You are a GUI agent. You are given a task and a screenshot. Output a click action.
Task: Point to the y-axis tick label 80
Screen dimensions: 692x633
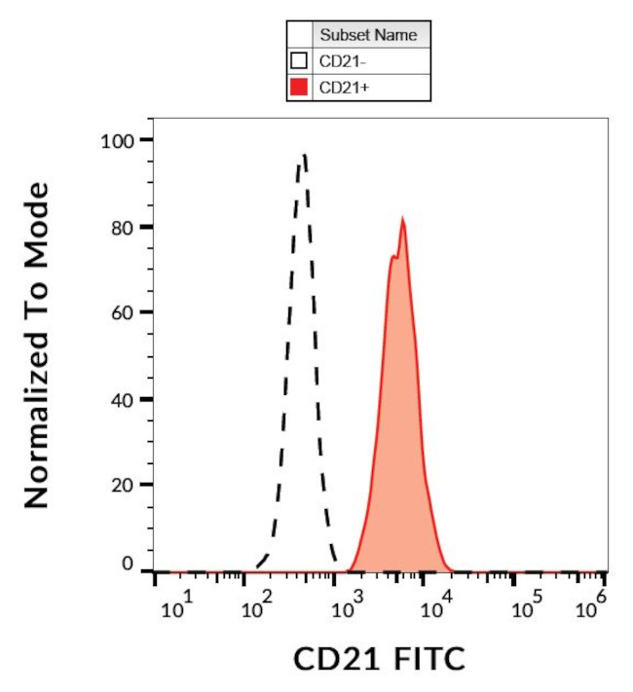[123, 227]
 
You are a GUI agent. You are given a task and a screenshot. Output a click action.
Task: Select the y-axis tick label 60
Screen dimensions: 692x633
[123, 312]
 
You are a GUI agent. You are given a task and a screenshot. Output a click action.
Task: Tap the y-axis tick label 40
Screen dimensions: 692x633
[123, 399]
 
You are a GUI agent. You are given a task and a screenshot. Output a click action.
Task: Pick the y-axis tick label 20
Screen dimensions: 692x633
[123, 485]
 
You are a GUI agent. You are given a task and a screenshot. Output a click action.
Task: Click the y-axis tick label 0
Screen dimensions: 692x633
[128, 565]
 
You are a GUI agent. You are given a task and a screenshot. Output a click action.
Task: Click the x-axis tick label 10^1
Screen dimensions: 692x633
[178, 608]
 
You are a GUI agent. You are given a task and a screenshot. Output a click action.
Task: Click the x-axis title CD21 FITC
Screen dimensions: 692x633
[380, 659]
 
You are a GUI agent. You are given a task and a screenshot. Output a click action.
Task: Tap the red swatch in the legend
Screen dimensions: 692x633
[300, 88]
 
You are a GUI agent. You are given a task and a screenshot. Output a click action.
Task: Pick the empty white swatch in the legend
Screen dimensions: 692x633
[300, 61]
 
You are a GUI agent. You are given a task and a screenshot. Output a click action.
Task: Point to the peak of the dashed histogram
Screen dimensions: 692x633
[305, 154]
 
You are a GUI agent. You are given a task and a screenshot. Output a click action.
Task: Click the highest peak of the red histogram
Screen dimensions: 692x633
[402, 220]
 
